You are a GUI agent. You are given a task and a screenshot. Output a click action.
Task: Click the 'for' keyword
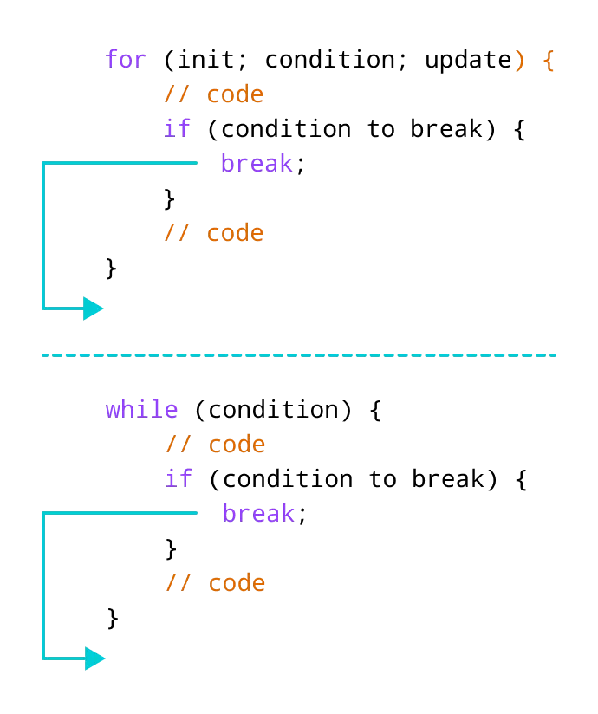click(126, 60)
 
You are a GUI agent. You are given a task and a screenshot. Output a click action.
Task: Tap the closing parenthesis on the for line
click(519, 61)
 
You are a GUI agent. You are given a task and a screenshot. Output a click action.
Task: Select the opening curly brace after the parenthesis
click(548, 62)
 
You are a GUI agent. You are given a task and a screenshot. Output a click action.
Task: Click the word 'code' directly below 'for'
click(235, 94)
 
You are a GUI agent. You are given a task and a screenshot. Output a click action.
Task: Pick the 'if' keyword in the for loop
click(177, 129)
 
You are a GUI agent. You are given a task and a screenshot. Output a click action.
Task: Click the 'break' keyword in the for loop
click(257, 164)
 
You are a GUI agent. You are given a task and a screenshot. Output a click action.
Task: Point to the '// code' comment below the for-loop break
click(213, 233)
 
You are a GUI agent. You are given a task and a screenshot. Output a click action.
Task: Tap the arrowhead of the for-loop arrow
click(94, 308)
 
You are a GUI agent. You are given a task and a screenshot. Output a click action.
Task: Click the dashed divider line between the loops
click(299, 354)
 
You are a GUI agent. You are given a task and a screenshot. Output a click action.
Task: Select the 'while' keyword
click(141, 410)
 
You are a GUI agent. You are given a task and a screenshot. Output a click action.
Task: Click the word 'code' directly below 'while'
click(237, 445)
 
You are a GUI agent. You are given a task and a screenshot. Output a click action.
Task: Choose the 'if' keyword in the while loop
click(179, 479)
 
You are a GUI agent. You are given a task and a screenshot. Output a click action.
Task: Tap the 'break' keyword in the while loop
click(258, 514)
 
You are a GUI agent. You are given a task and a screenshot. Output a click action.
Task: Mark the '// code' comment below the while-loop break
click(215, 583)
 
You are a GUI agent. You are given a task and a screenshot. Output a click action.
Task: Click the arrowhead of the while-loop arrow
click(95, 659)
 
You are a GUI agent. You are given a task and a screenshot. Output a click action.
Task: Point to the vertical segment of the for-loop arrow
click(43, 234)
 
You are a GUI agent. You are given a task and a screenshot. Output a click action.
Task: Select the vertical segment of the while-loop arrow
click(43, 585)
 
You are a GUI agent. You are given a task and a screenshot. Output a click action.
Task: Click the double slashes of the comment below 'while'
click(179, 445)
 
